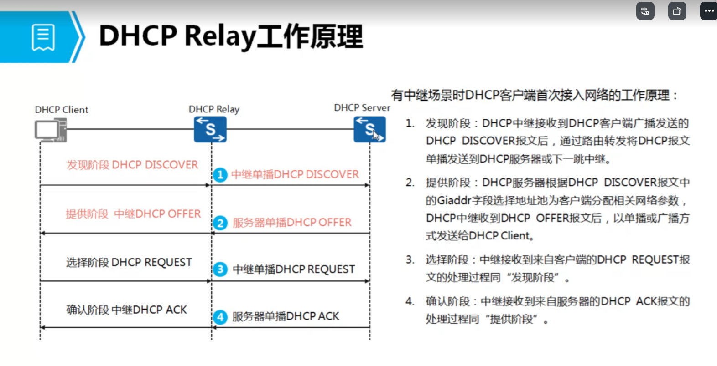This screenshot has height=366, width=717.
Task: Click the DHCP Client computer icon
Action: [51, 130]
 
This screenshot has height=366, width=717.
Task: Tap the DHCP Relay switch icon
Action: [210, 129]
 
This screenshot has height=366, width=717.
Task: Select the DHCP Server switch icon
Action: [369, 129]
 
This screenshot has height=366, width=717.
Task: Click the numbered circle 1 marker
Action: [220, 175]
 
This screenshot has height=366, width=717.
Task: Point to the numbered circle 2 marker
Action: [220, 223]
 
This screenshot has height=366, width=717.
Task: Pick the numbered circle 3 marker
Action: [220, 269]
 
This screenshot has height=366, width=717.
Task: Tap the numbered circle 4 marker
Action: [220, 317]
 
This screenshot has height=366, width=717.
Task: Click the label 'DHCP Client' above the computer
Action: [62, 110]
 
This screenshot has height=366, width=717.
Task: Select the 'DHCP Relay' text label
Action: [214, 109]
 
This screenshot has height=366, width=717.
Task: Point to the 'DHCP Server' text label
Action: [362, 108]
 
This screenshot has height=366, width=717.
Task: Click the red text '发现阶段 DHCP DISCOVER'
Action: [132, 165]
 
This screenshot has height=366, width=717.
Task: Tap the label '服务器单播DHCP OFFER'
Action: [292, 223]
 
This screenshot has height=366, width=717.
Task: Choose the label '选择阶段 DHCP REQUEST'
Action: [129, 263]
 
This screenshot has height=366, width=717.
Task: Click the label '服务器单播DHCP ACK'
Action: [286, 316]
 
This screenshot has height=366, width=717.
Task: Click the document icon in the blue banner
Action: [43, 37]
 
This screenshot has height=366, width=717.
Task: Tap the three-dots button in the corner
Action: [709, 11]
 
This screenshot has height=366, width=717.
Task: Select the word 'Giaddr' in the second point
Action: [454, 200]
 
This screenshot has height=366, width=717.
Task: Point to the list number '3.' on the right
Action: [410, 260]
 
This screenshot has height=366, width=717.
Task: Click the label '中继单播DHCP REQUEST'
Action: [294, 269]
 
